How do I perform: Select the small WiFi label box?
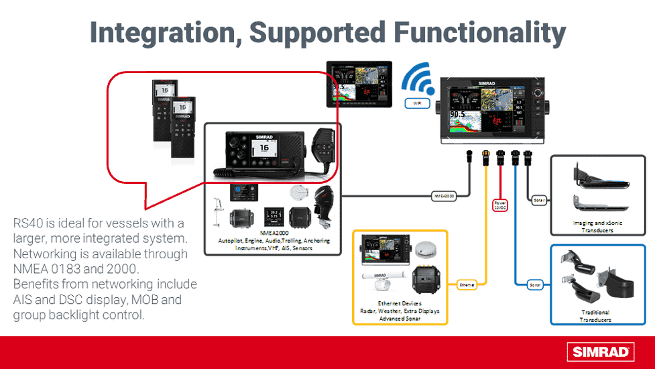416,104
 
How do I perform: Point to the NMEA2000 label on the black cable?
442,196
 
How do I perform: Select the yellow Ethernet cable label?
467,284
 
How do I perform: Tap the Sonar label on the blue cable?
534,284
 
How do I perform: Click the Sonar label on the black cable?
538,199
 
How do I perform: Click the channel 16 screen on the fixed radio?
264,148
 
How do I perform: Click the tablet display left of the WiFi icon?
359,84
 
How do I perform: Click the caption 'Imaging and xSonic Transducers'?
593,226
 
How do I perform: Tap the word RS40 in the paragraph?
28,223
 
